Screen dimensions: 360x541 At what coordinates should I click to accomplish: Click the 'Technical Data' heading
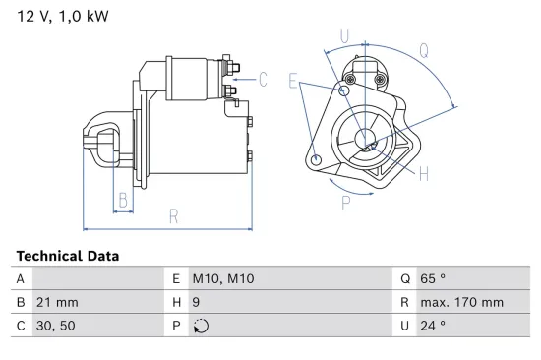coord(67,256)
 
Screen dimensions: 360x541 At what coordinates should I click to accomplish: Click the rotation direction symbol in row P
coord(203,327)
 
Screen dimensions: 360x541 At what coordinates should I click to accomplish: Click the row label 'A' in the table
coord(21,279)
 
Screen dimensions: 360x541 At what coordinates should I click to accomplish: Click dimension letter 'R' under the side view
coord(173,216)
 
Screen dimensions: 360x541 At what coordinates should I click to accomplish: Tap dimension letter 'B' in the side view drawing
coord(123,202)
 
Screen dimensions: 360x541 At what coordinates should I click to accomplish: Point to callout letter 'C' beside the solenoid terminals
coord(264,81)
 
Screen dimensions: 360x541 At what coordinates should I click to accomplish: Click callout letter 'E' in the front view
coord(293,83)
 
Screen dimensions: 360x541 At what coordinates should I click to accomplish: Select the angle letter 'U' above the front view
coord(344,37)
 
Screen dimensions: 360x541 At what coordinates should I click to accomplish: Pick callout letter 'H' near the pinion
coord(424,174)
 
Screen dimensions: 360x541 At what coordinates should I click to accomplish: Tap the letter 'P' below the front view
coord(346,204)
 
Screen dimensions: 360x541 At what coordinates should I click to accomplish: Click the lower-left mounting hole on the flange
coord(315,160)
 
